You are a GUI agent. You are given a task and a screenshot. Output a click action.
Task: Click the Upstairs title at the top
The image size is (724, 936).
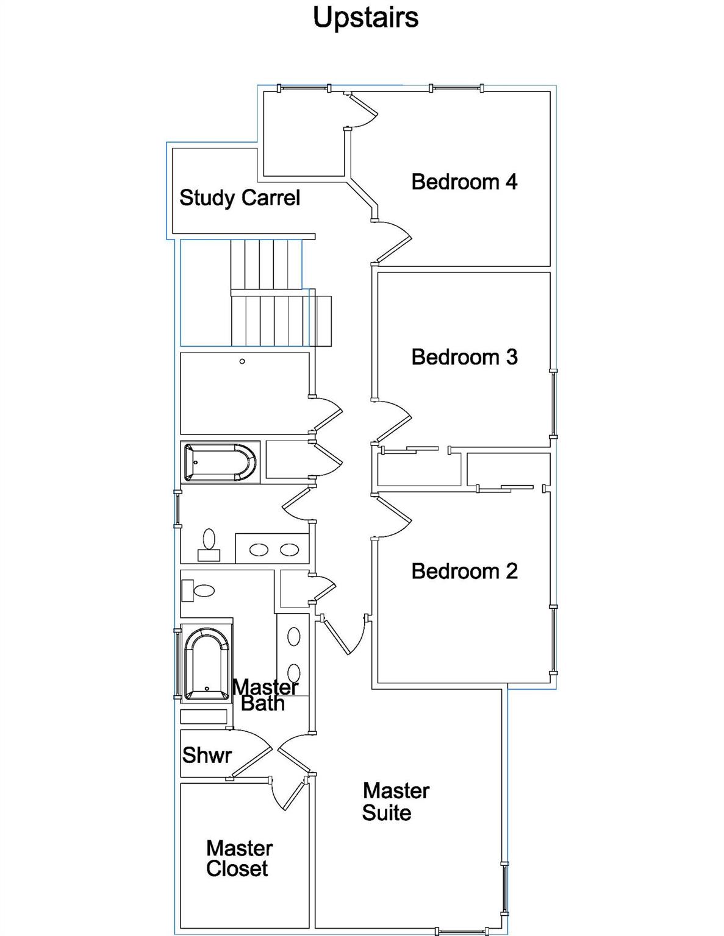click(365, 17)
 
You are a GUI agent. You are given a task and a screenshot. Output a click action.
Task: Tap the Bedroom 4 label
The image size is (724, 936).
click(464, 182)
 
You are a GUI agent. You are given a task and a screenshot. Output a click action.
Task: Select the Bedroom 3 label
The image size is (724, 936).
click(464, 357)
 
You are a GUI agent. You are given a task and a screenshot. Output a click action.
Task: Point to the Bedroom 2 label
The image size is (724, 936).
click(464, 572)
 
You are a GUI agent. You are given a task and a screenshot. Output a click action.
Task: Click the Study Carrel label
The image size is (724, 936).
click(240, 198)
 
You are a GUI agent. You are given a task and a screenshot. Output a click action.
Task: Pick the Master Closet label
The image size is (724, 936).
click(238, 859)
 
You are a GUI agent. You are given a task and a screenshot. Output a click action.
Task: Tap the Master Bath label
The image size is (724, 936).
click(265, 695)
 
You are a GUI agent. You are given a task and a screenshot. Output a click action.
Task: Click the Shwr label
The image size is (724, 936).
click(207, 756)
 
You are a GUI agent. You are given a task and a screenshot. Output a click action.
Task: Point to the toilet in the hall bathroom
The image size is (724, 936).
click(209, 544)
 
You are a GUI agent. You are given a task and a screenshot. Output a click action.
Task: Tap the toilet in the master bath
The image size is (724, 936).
click(198, 590)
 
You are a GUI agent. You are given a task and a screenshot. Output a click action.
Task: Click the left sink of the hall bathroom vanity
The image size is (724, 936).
click(259, 550)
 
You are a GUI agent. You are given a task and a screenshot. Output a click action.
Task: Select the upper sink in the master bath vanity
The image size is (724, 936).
click(294, 637)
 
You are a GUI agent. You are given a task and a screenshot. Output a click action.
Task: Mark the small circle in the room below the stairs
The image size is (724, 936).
click(242, 361)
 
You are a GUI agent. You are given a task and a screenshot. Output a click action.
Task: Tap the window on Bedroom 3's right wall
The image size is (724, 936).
click(553, 403)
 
